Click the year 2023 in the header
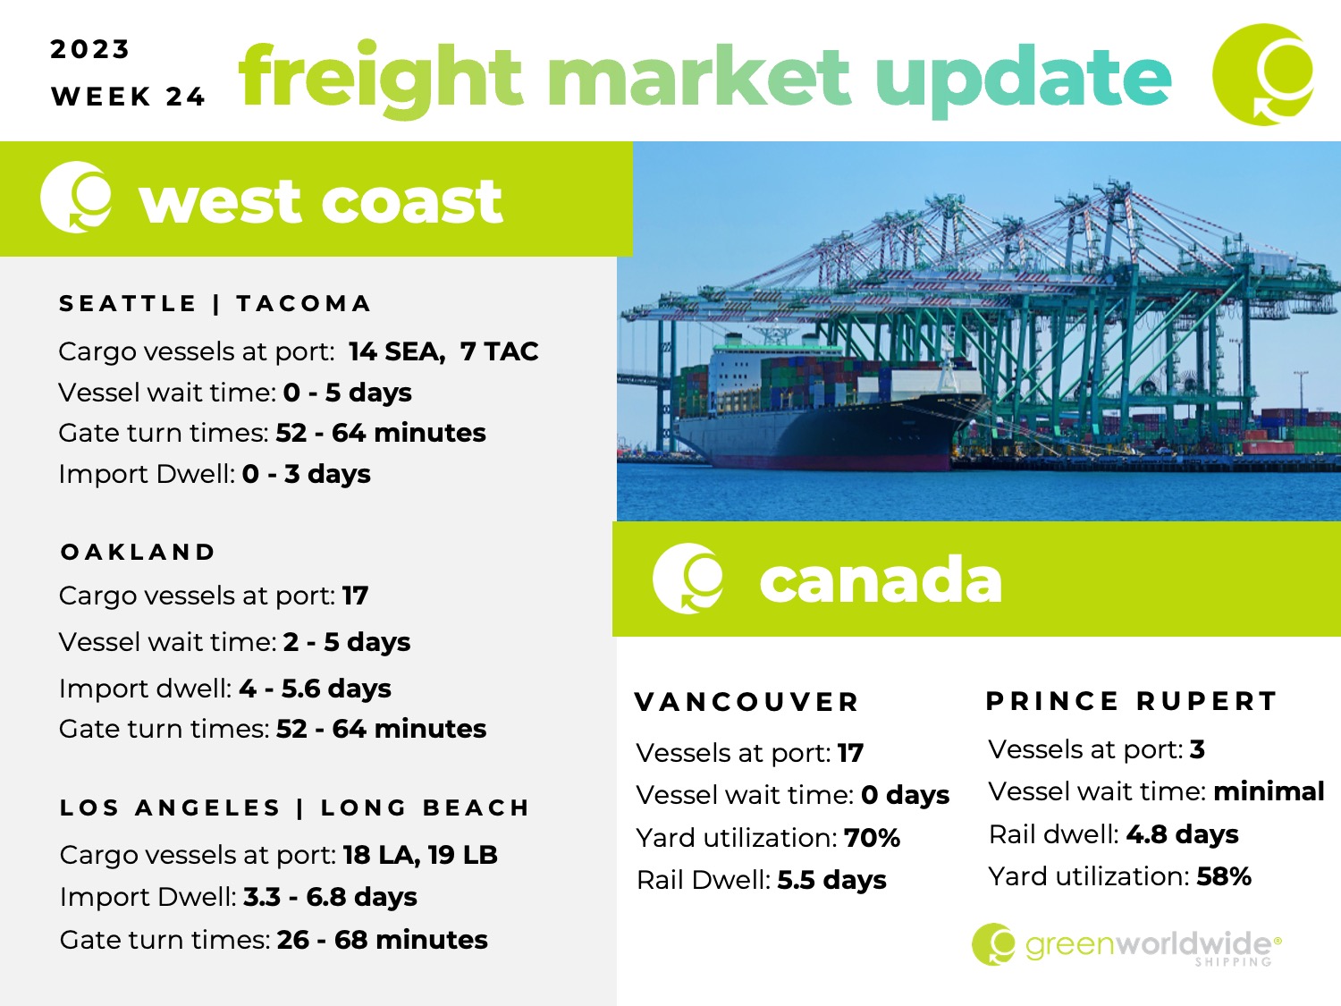click(89, 49)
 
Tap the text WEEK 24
click(128, 97)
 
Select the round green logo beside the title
click(1263, 74)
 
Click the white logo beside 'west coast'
click(76, 198)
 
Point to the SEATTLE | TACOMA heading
click(215, 303)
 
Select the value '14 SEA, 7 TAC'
click(443, 351)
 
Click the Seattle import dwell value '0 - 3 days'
click(306, 474)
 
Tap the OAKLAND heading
click(138, 552)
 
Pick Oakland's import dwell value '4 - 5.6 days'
click(315, 689)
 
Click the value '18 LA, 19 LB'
click(420, 855)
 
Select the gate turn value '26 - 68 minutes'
click(383, 940)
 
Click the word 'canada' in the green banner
click(881, 580)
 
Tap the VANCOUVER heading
click(746, 703)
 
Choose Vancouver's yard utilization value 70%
click(872, 838)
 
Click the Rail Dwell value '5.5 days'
click(831, 881)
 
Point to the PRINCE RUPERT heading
click(1132, 701)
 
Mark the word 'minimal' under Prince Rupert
click(1269, 791)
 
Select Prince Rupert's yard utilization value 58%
click(1224, 876)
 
